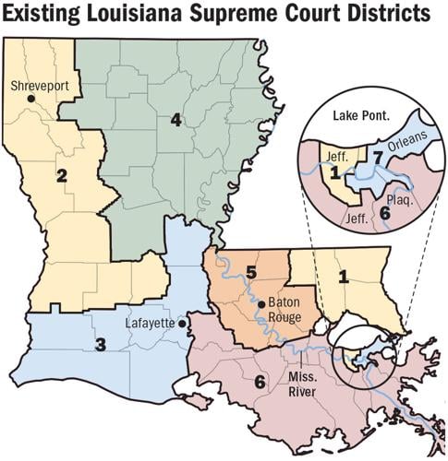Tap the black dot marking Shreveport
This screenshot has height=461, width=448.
pos(30,98)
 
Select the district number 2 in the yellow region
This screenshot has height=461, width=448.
pos(62,175)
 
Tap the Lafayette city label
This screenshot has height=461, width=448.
pos(151,324)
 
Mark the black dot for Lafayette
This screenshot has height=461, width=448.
pos(185,324)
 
